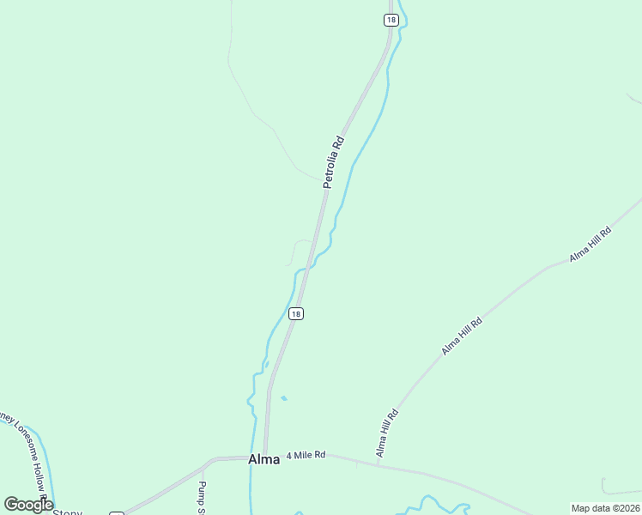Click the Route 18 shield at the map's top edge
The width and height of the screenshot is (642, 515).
pyautogui.click(x=391, y=21)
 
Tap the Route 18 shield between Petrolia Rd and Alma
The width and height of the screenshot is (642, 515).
pyautogui.click(x=295, y=314)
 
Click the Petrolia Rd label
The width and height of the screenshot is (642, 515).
pyautogui.click(x=334, y=162)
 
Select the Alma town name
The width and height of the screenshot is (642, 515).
pyautogui.click(x=263, y=459)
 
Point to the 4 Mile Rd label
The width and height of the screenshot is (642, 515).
pyautogui.click(x=306, y=454)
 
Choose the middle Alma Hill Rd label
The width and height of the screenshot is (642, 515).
pyautogui.click(x=462, y=336)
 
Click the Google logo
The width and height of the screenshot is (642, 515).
pyautogui.click(x=28, y=504)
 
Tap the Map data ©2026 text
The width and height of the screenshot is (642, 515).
pyautogui.click(x=605, y=508)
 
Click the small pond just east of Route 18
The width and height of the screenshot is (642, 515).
pyautogui.click(x=284, y=398)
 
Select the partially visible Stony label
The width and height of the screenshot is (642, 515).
pyautogui.click(x=68, y=512)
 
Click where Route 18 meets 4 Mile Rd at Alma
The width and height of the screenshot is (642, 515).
pyautogui.click(x=266, y=456)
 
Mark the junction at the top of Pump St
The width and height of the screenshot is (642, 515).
pyautogui.click(x=204, y=467)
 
